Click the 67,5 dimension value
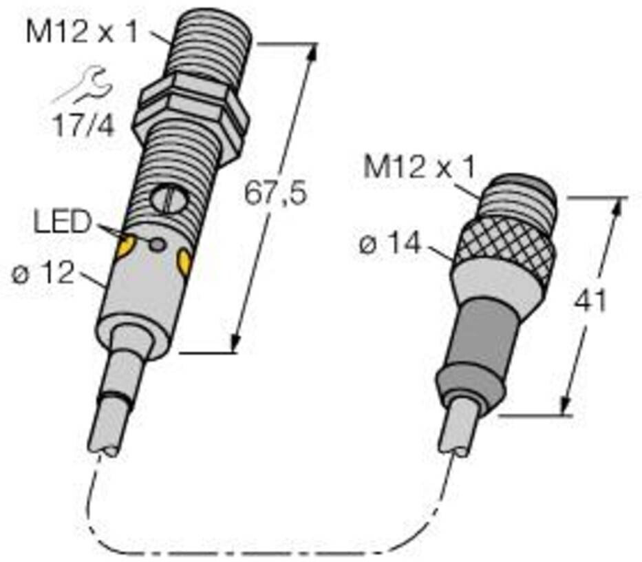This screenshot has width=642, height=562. (275, 194)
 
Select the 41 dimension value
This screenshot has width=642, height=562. (590, 301)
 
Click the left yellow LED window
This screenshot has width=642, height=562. (125, 246)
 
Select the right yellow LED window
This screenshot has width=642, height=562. (184, 262)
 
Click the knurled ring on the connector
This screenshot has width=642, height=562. (509, 243)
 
